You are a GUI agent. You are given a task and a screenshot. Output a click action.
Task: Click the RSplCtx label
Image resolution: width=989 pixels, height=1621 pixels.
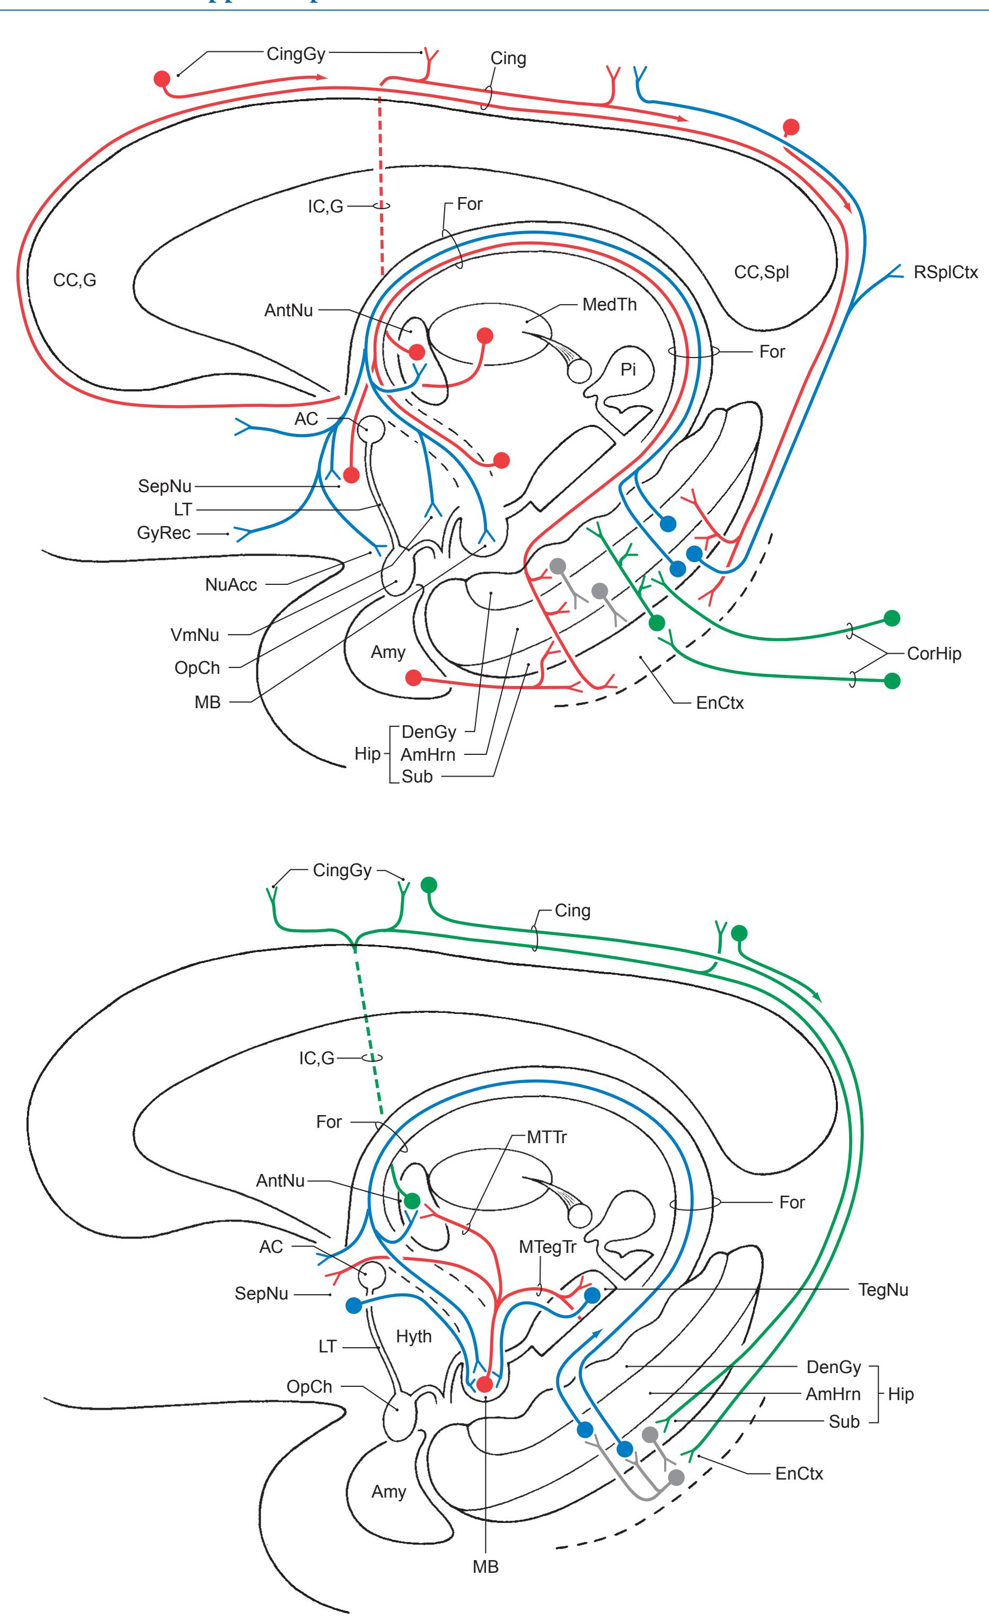[x=946, y=272]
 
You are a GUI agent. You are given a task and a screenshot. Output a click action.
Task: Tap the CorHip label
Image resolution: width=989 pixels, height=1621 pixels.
[x=934, y=654]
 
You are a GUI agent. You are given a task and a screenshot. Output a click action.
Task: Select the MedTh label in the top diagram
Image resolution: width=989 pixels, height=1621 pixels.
[x=610, y=305]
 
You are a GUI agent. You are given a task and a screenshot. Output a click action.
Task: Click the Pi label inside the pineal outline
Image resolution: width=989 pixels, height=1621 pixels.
[x=629, y=370]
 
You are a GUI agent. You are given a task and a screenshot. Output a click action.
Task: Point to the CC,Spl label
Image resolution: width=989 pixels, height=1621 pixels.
[x=761, y=272]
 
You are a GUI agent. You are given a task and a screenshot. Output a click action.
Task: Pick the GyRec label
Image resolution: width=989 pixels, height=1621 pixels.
[x=164, y=533]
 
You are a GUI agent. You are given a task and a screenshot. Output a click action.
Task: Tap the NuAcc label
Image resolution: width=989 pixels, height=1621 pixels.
[x=231, y=584]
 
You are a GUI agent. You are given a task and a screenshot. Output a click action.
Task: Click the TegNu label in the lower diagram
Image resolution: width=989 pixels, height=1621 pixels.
[x=883, y=1289]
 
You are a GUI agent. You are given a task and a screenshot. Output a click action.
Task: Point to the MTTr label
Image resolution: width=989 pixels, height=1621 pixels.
[x=546, y=1137]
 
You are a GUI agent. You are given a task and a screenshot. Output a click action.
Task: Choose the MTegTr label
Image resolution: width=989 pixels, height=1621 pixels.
[x=548, y=1246]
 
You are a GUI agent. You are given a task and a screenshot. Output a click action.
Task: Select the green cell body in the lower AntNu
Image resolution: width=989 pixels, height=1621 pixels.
[x=412, y=1200]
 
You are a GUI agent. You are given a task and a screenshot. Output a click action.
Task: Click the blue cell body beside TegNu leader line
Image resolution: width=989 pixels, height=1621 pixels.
[x=592, y=1295]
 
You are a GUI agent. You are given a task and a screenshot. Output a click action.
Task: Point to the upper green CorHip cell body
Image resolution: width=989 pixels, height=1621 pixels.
[x=891, y=618]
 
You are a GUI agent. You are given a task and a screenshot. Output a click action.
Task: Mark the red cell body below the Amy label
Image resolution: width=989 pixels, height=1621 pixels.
[x=413, y=678]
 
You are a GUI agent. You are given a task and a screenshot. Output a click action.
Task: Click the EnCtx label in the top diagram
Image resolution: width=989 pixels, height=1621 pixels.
[x=720, y=703]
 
